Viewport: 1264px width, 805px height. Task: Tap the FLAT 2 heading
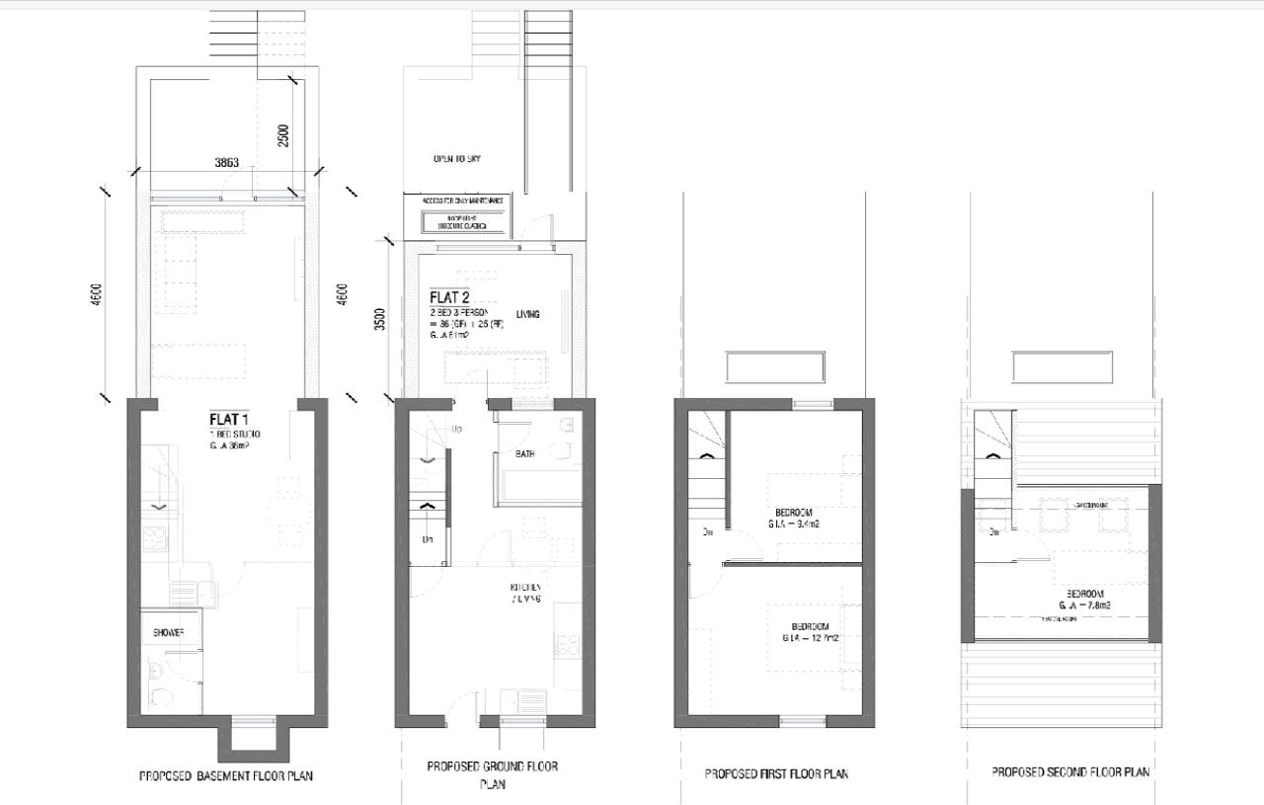pos(449,297)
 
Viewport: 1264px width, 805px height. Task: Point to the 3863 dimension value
pos(225,163)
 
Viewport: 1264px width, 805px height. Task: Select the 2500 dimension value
pos(284,135)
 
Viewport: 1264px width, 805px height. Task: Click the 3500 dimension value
pos(380,319)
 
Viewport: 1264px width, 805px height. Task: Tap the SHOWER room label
pos(169,632)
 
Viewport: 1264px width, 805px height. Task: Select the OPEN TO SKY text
pos(456,159)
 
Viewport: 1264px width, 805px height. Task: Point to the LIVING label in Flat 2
pos(527,315)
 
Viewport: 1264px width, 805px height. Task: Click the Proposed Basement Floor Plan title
pos(226,776)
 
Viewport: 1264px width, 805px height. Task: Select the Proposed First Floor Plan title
pos(776,773)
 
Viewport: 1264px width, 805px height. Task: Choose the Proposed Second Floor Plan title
pos(1070,771)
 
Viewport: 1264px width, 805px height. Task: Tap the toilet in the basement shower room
pos(157,684)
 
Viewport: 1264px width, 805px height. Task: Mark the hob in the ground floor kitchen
pos(568,646)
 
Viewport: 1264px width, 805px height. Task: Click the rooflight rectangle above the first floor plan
pos(774,367)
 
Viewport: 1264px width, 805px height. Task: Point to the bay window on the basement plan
pos(251,737)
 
